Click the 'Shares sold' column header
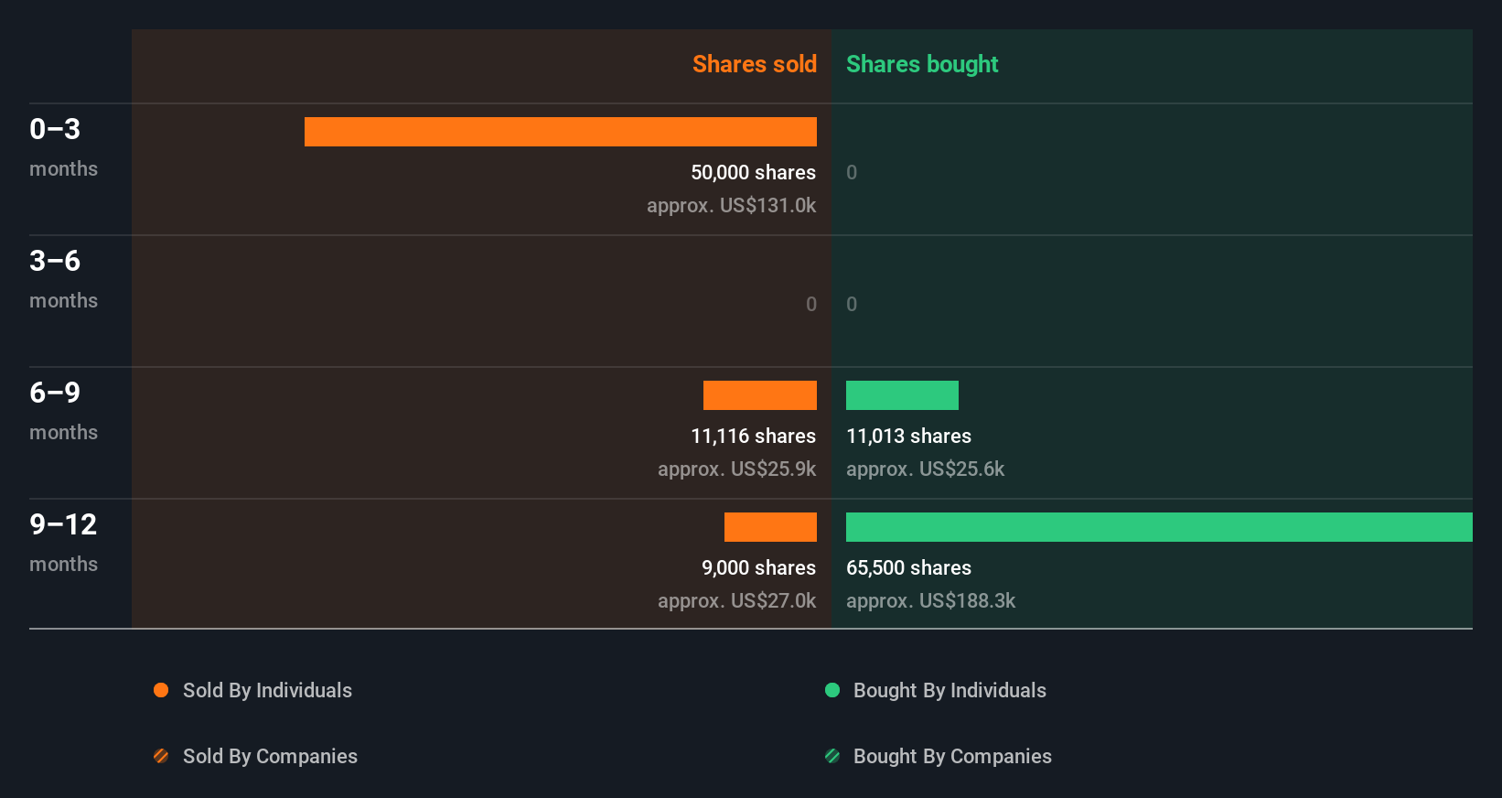[754, 64]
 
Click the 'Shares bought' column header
[921, 64]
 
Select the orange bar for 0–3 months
[560, 132]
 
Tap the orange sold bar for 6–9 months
[759, 395]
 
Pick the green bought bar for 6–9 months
[902, 395]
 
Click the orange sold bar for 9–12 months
[770, 527]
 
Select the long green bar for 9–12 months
[1159, 527]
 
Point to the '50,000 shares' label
[753, 172]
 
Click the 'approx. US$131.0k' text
[731, 205]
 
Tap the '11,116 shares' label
[753, 436]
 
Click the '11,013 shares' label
[908, 436]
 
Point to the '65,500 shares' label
[908, 567]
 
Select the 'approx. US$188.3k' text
[930, 600]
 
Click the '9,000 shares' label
[758, 567]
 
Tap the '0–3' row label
[55, 129]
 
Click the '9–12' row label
[63, 524]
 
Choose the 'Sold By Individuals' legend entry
[267, 690]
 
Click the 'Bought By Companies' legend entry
[952, 756]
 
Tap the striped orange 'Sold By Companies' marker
[161, 756]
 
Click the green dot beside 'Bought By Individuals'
[832, 690]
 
